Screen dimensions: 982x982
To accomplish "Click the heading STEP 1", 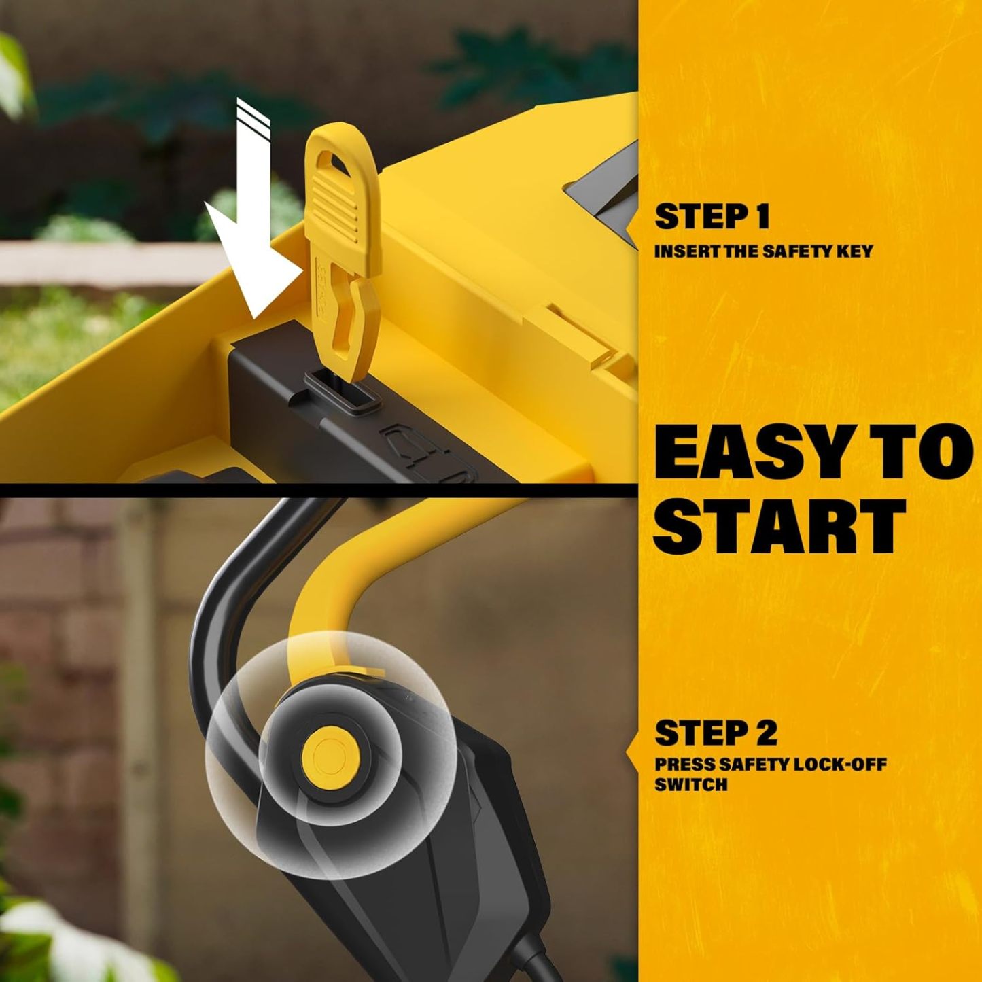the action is (712, 217).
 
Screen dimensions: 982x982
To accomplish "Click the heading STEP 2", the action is (716, 733).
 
